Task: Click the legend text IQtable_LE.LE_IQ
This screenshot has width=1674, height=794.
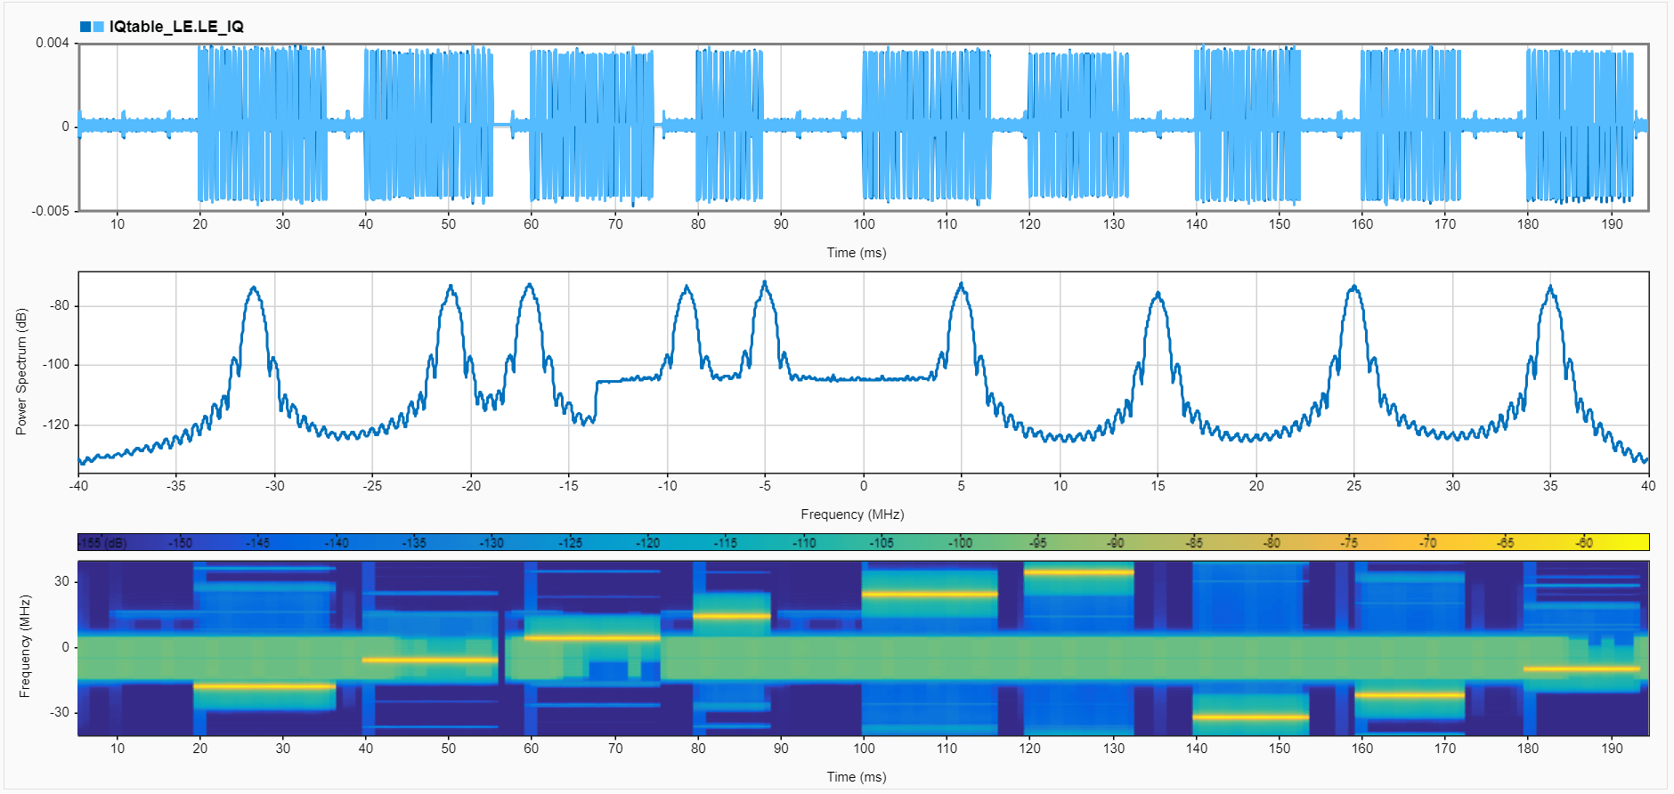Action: pyautogui.click(x=176, y=27)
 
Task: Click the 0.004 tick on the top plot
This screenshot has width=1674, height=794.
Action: pyautogui.click(x=52, y=43)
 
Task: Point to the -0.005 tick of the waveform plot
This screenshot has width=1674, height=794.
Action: pyautogui.click(x=50, y=211)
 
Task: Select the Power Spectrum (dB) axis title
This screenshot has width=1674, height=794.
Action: pyautogui.click(x=21, y=371)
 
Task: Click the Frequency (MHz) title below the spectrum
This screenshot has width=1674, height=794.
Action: pyautogui.click(x=852, y=514)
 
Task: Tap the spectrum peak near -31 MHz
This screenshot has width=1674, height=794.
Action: pyautogui.click(x=255, y=288)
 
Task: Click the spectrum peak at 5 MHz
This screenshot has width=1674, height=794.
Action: pyautogui.click(x=962, y=285)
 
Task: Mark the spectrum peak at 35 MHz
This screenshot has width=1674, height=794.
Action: pyautogui.click(x=1551, y=288)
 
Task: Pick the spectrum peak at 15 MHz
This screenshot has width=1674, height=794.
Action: pyautogui.click(x=1158, y=294)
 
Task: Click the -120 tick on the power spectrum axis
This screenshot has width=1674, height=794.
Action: pyautogui.click(x=58, y=425)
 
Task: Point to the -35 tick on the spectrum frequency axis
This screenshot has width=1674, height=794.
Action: pyautogui.click(x=176, y=486)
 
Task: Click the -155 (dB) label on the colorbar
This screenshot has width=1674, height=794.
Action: pyautogui.click(x=102, y=543)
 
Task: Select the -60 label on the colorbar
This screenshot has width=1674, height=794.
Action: pyautogui.click(x=1584, y=543)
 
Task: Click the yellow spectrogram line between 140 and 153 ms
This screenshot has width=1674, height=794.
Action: pyautogui.click(x=1250, y=717)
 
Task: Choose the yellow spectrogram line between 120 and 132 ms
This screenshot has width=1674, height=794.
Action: pyautogui.click(x=1078, y=572)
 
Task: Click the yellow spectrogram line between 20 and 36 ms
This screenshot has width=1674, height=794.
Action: pyautogui.click(x=264, y=686)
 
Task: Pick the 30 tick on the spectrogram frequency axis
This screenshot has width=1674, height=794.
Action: pyautogui.click(x=61, y=581)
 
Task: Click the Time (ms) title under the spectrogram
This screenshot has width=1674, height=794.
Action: pyautogui.click(x=856, y=777)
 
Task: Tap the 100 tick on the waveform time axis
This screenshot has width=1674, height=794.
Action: pyautogui.click(x=864, y=224)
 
